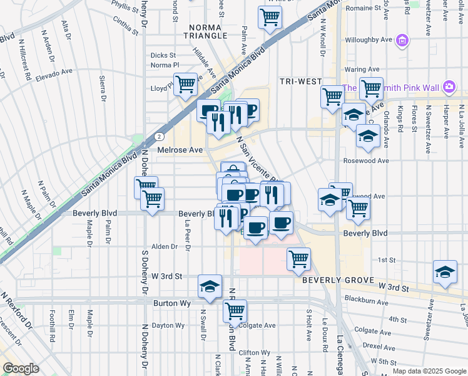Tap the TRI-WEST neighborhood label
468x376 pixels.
coord(300,82)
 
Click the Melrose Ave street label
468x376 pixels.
coord(180,150)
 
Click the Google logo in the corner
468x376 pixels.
coord(21,368)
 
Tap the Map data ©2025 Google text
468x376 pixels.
coord(429,371)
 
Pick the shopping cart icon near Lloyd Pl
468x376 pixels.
coord(185,85)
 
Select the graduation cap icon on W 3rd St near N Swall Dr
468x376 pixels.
coord(210,286)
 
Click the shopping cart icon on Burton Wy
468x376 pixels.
coord(235,310)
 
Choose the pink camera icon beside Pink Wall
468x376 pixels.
coord(449,86)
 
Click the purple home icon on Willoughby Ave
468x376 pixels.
coord(403,41)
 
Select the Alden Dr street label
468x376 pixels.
coord(165,247)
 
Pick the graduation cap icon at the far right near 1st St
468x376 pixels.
coord(445,272)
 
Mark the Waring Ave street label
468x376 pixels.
coord(362,69)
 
